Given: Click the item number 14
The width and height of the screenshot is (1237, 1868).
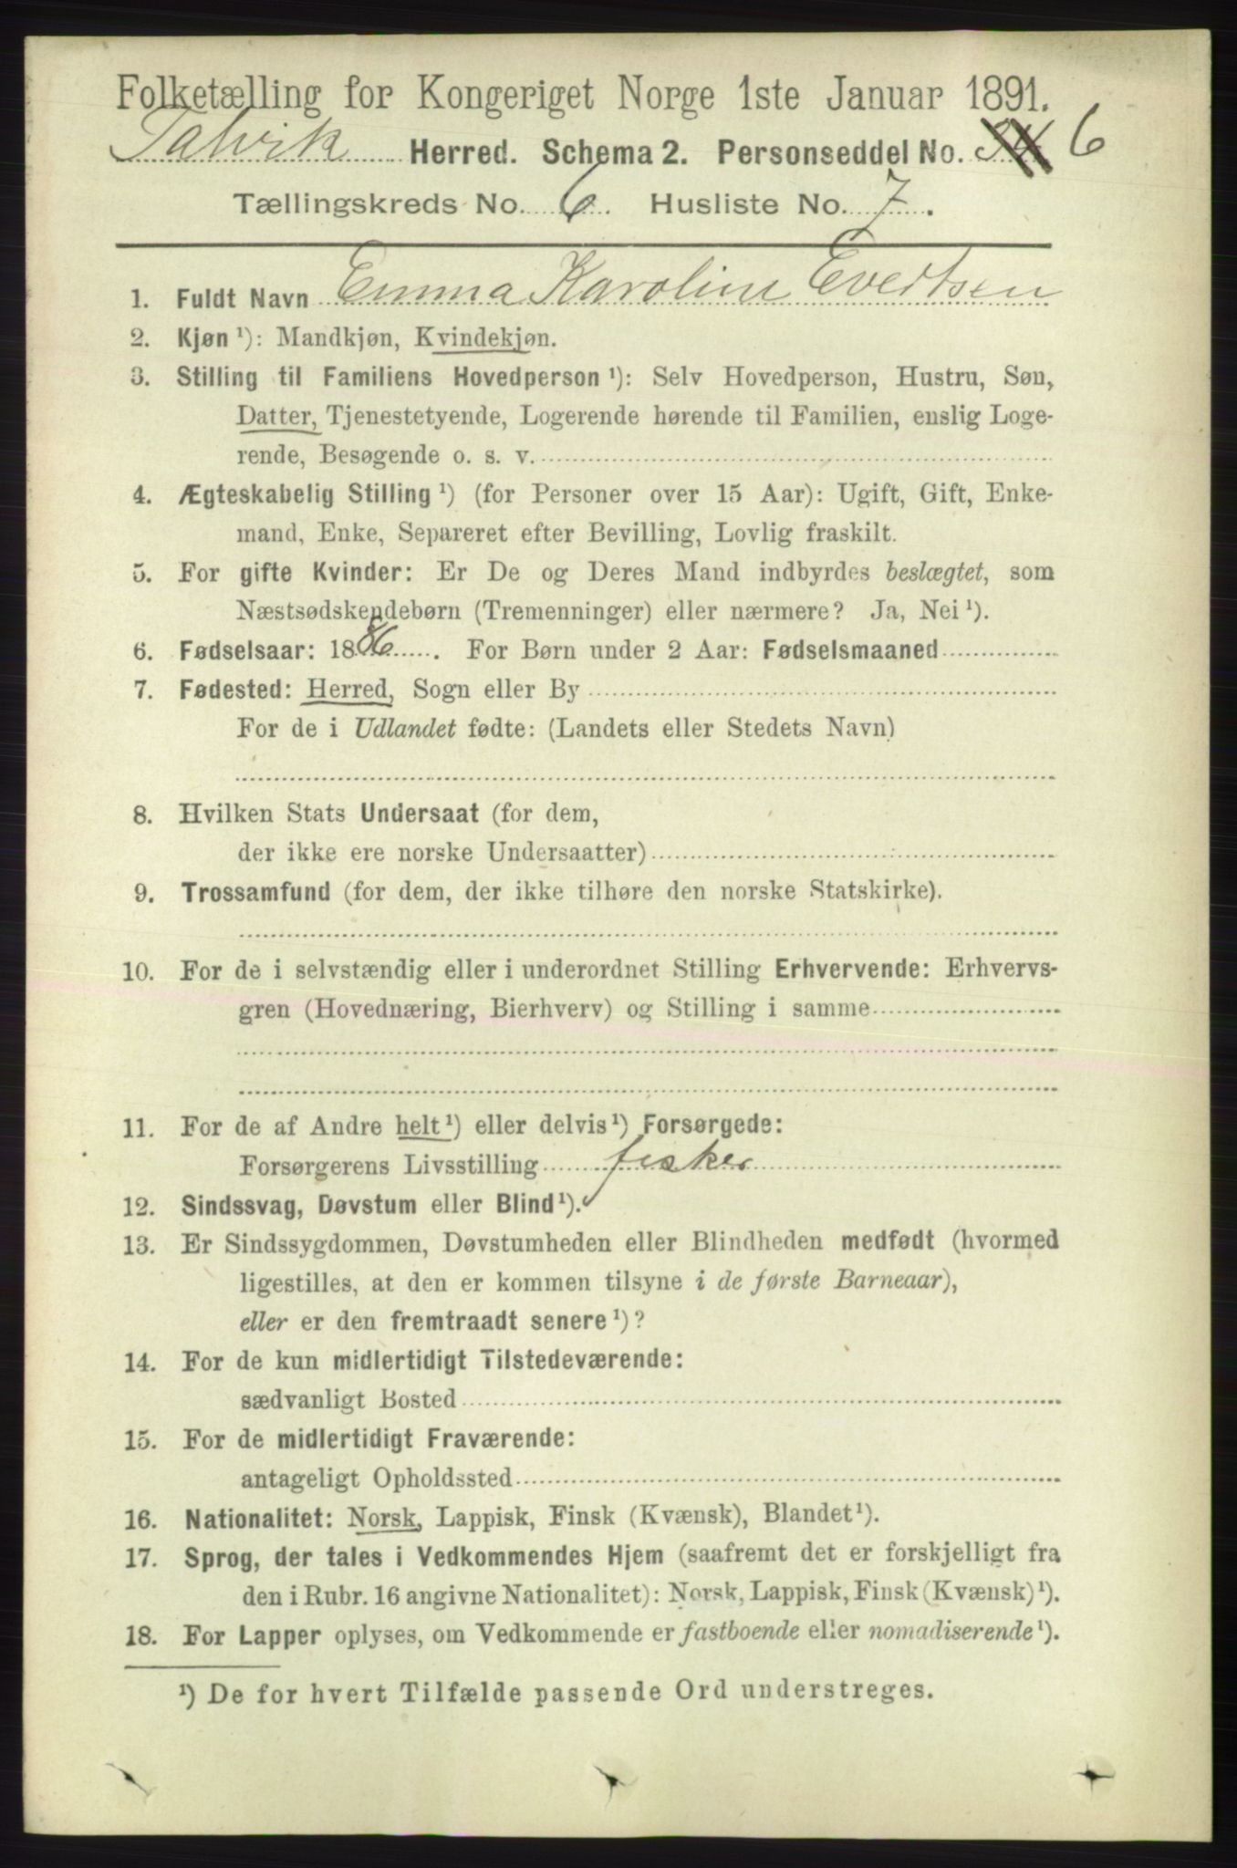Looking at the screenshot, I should pos(144,1359).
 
